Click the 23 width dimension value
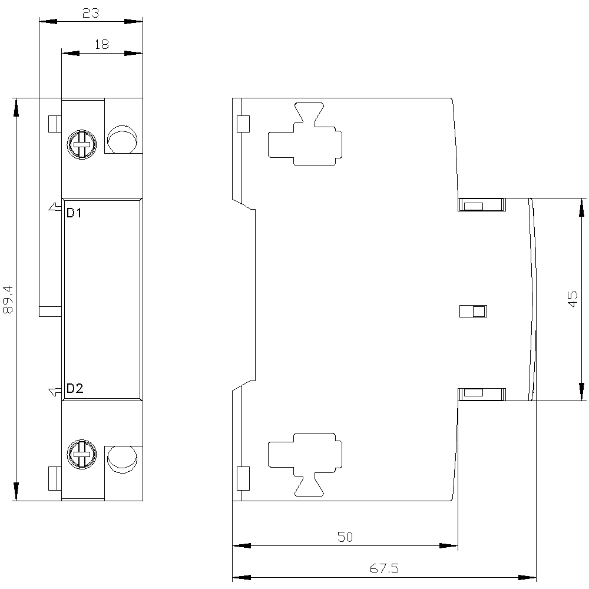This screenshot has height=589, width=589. [91, 13]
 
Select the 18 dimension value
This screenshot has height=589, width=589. [101, 44]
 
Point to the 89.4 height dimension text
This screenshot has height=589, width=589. [8, 299]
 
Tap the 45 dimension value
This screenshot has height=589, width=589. [573, 299]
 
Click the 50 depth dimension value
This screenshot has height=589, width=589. [345, 537]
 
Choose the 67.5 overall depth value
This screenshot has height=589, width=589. [384, 568]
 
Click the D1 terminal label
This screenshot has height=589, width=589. [74, 213]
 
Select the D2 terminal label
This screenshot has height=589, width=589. [75, 388]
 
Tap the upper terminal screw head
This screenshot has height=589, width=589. [81, 145]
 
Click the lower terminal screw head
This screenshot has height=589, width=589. [81, 454]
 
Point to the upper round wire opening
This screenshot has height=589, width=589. [122, 139]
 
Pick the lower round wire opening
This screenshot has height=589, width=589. [122, 460]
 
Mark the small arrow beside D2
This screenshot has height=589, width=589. [55, 392]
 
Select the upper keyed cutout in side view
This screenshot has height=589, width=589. [305, 134]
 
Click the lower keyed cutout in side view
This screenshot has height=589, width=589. [305, 465]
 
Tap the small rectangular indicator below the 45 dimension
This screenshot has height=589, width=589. [474, 312]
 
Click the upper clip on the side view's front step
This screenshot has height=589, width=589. [482, 205]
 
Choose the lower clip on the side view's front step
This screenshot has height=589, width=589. [482, 394]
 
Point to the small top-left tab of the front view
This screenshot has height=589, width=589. [55, 124]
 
